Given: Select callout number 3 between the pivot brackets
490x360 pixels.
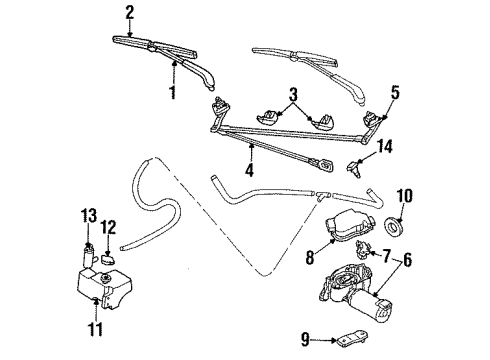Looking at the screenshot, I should coord(292,96).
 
